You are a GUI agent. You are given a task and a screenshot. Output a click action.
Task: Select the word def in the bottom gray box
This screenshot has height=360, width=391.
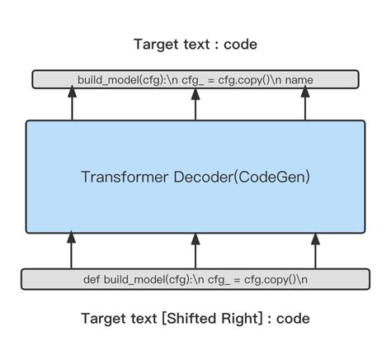(x=92, y=279)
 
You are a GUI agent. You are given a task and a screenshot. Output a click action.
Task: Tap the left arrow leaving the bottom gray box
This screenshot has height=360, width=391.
(x=72, y=250)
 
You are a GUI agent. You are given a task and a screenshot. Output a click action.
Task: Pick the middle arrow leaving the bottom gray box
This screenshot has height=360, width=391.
(x=195, y=250)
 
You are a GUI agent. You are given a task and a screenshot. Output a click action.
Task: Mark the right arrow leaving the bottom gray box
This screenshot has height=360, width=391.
(x=315, y=250)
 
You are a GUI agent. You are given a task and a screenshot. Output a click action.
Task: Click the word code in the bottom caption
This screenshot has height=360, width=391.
(x=294, y=318)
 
